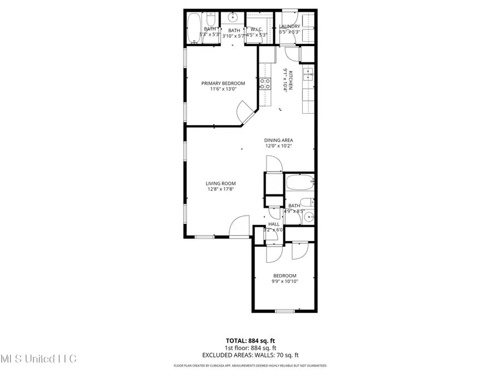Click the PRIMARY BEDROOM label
point(223,84)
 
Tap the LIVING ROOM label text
point(221,183)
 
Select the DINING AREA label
point(278,140)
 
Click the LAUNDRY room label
point(289,26)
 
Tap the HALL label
point(274,224)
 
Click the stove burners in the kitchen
point(265,84)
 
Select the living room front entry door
point(239,228)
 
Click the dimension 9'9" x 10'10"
point(284,281)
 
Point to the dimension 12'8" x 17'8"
point(221,189)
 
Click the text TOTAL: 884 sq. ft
point(250,340)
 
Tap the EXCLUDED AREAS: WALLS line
point(250,354)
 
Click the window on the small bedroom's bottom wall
point(285,311)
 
